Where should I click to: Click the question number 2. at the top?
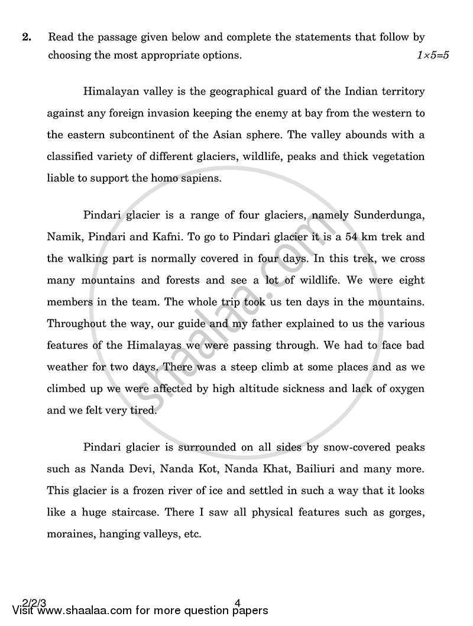(x=26, y=37)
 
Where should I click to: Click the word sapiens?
(x=200, y=177)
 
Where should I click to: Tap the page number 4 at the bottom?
(x=237, y=603)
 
